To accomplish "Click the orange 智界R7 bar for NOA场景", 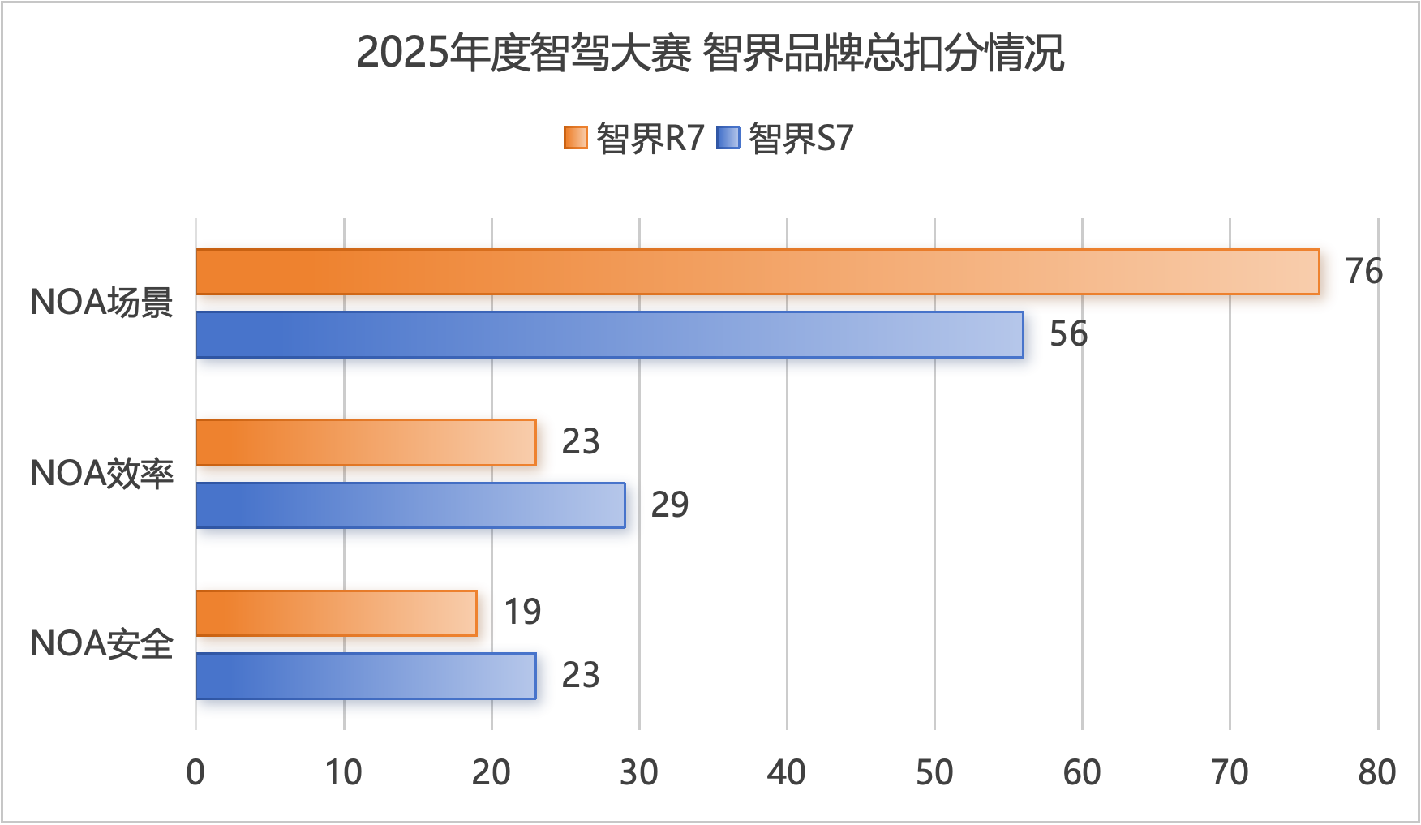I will pyautogui.click(x=758, y=272).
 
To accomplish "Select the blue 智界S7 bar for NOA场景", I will pyautogui.click(x=609, y=334).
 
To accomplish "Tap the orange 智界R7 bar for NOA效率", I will pyautogui.click(x=366, y=442).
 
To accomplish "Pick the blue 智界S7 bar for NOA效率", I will pyautogui.click(x=410, y=505).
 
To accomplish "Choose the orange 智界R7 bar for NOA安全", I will pyautogui.click(x=337, y=613).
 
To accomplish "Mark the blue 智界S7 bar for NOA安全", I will pyautogui.click(x=366, y=676).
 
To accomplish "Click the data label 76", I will pyautogui.click(x=1363, y=271).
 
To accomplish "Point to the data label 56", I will pyautogui.click(x=1068, y=334).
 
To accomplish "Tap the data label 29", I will pyautogui.click(x=669, y=505).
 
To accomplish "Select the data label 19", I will pyautogui.click(x=522, y=612).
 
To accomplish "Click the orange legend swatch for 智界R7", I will pyautogui.click(x=575, y=138).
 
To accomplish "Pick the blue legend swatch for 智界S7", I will pyautogui.click(x=728, y=138).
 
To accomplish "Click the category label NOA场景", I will pyautogui.click(x=101, y=303).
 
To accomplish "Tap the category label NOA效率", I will pyautogui.click(x=101, y=474).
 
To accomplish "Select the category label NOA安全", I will pyautogui.click(x=101, y=644).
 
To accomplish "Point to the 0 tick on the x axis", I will pyautogui.click(x=195, y=772).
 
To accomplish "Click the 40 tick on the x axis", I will pyautogui.click(x=786, y=772).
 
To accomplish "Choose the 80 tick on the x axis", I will pyautogui.click(x=1376, y=772).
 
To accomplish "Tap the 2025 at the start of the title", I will pyautogui.click(x=402, y=54).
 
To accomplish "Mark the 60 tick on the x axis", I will pyautogui.click(x=1082, y=772).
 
